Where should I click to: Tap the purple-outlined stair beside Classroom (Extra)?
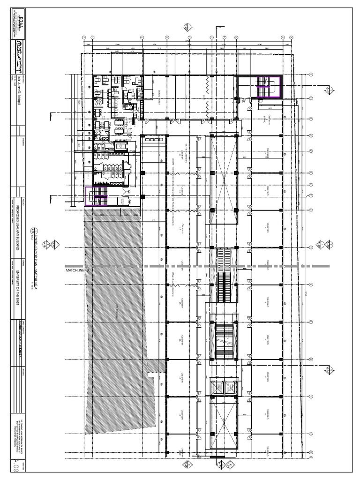pyautogui.click(x=266, y=87)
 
